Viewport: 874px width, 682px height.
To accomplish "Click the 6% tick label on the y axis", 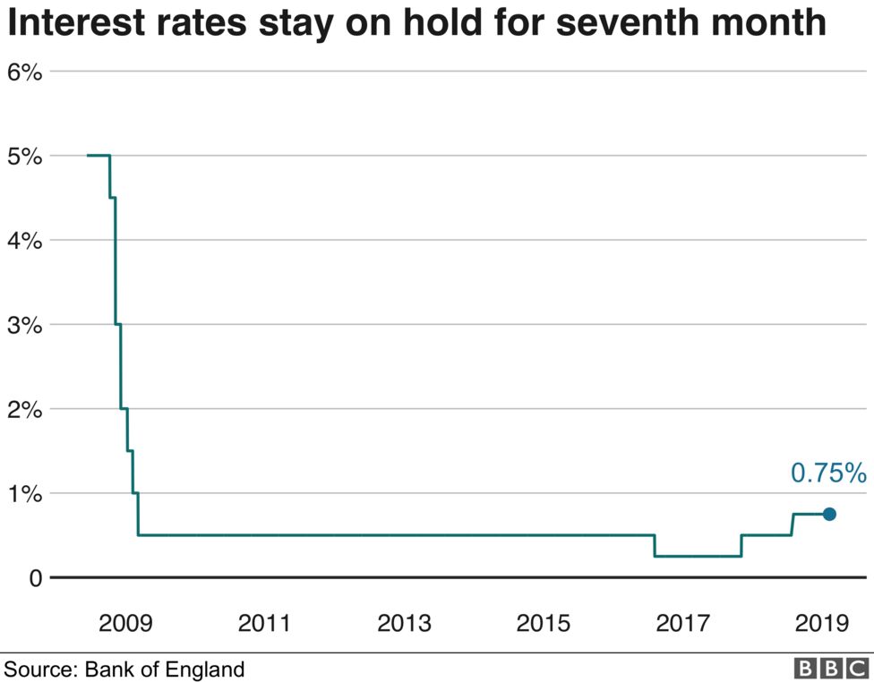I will coord(24,72).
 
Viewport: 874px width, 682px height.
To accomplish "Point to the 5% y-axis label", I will coord(24,157).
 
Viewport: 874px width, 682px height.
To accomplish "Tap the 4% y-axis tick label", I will coord(24,241).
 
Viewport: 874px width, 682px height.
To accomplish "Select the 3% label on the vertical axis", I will coord(24,325).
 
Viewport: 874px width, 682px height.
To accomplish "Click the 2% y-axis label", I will coord(24,409).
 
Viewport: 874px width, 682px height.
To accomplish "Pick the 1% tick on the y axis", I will coord(24,493).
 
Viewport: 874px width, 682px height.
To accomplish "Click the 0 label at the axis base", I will coord(35,578).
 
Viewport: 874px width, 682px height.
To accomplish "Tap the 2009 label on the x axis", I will coord(124,623).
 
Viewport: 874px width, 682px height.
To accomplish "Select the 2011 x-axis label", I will coord(264,623).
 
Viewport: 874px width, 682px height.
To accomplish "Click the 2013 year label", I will coord(404,623).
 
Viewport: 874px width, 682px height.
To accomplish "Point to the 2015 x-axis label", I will coord(544,623).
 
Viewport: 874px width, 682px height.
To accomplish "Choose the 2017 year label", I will coord(683,623).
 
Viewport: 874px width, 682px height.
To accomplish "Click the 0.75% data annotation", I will coord(827,473).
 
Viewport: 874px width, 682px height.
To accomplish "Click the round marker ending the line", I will coord(829,514).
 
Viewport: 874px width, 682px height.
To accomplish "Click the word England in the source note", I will coord(209,669).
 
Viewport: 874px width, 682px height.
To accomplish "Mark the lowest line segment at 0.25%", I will coord(698,556).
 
